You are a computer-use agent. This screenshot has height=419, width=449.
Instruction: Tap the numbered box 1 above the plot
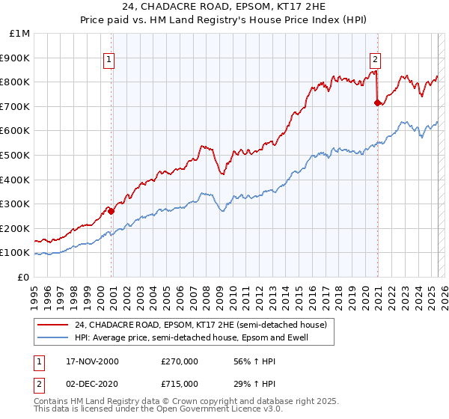coord(109,60)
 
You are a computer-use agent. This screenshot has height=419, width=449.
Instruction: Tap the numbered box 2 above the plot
coord(374,60)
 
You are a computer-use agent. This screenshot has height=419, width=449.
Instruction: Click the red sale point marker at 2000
coord(112,211)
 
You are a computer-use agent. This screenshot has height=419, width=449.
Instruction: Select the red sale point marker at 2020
coord(377,103)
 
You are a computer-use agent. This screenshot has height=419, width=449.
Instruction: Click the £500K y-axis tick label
coord(15,156)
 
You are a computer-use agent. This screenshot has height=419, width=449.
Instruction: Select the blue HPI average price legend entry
coord(191,338)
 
